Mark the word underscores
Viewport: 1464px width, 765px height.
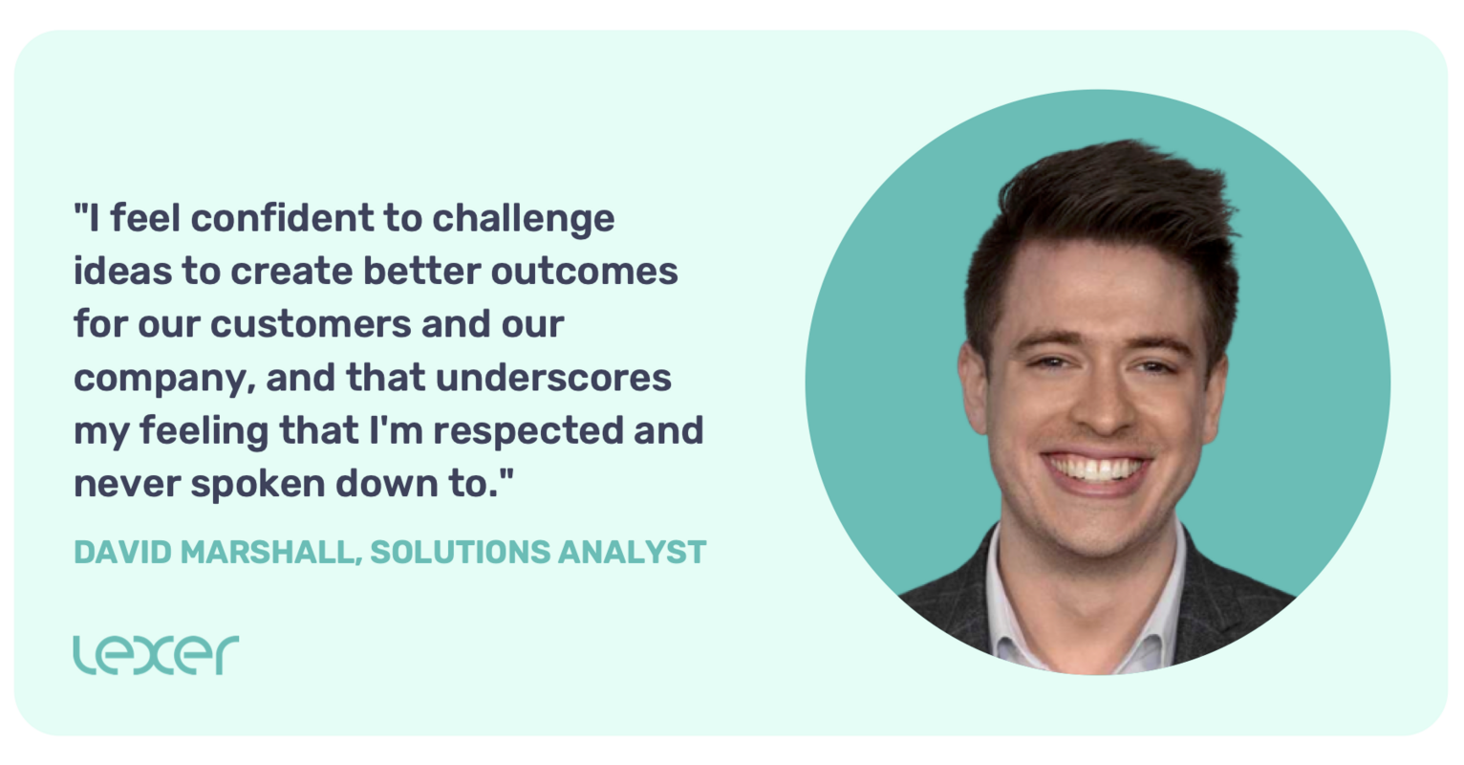tap(553, 377)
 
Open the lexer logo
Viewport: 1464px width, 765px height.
tap(156, 654)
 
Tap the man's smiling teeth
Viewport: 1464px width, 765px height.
tap(1097, 470)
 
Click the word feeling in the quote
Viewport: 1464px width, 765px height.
tap(204, 431)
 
